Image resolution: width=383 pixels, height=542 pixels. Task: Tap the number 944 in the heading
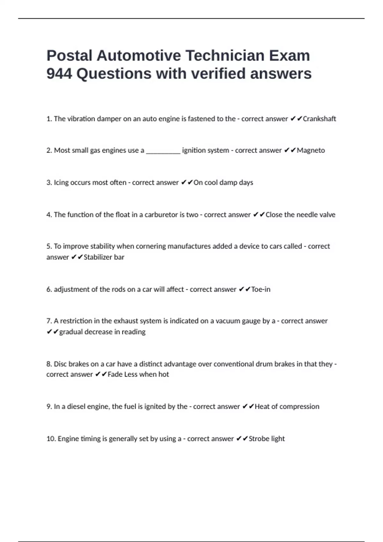coord(59,74)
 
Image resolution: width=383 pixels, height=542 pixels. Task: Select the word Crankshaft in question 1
coord(319,119)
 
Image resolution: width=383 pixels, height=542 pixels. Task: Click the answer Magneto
coord(311,150)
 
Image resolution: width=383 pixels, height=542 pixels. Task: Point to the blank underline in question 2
coord(163,151)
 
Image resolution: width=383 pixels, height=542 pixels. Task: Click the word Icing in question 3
coord(61,183)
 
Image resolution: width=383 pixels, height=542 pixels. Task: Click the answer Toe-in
coord(260,289)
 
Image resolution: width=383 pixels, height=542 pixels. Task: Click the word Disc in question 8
coord(60,364)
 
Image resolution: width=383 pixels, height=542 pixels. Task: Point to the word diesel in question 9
coord(76,407)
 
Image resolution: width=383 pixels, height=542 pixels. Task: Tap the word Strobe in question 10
coord(259,439)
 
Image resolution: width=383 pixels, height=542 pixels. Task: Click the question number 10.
coord(51,439)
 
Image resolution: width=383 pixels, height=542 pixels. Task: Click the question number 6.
coord(49,289)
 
